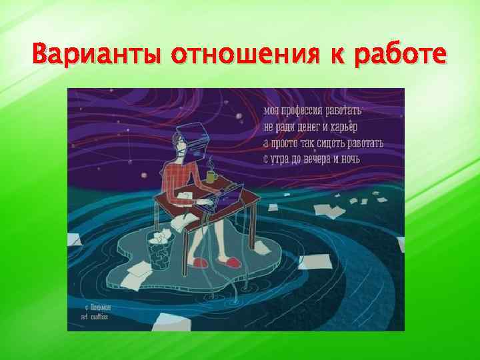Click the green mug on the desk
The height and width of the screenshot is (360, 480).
click(210, 176)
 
